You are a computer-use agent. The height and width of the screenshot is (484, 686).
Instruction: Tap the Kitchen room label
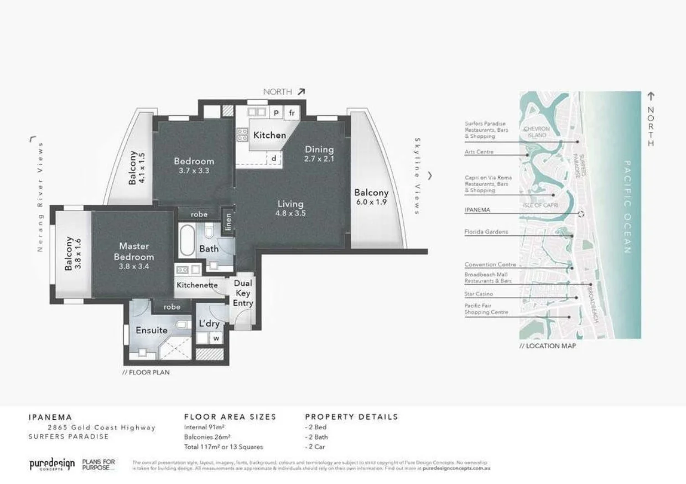coord(269,135)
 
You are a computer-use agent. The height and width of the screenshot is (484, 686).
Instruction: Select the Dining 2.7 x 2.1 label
coord(319,153)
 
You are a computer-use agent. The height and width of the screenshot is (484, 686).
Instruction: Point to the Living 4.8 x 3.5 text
coord(291,208)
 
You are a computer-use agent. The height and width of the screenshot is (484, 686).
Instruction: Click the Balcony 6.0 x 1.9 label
coord(371,197)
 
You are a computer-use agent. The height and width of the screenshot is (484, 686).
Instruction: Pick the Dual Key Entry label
coord(243,294)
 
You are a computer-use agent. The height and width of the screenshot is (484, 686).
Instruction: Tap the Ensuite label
coord(152,330)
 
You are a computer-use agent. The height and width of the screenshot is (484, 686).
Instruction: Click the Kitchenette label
coord(197,286)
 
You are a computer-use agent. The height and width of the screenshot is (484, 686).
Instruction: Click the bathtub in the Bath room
coord(187,239)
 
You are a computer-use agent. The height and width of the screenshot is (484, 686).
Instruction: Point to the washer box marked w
coord(216,338)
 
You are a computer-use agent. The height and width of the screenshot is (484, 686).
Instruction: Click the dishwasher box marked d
coord(273,158)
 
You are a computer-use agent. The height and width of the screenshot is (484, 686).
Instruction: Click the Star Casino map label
coord(479,294)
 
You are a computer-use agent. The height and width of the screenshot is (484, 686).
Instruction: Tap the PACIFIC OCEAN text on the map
coord(627,207)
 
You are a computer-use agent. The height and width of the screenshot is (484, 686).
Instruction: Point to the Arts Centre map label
coord(479,152)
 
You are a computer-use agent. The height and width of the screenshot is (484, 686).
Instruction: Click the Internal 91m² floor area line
coord(204,427)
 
